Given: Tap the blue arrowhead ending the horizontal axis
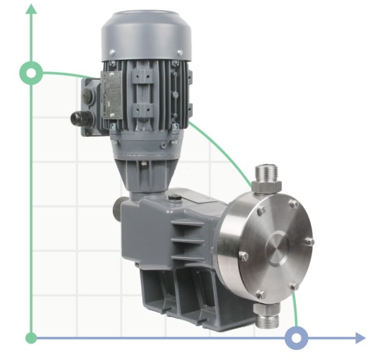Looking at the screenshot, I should [x=359, y=338].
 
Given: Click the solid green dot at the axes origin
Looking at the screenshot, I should [x=31, y=338].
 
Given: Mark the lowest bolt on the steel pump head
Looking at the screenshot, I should [x=260, y=294].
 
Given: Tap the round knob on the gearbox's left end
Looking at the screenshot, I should [x=117, y=212].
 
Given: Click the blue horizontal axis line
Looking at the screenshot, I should [x=180, y=338].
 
